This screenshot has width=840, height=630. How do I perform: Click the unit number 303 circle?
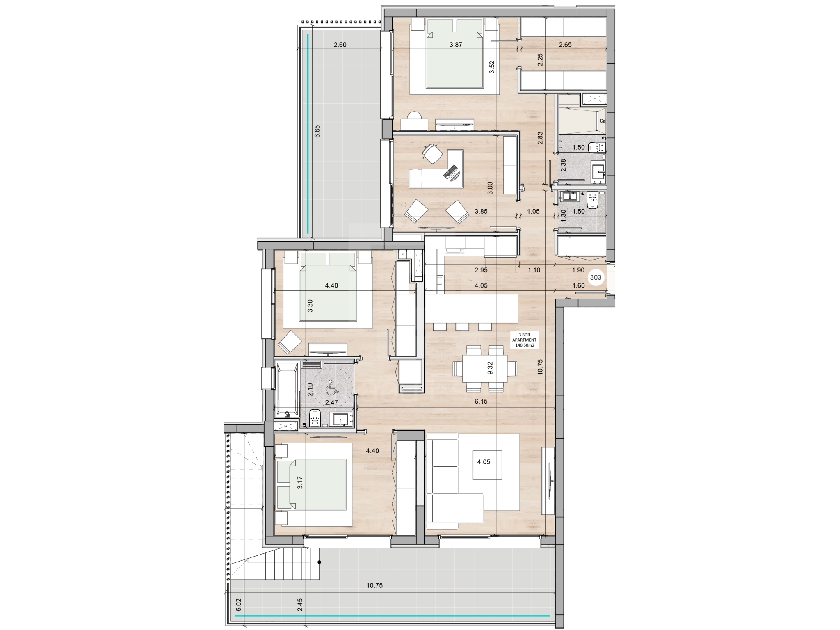(x=595, y=278)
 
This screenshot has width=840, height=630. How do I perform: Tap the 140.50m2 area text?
(x=524, y=345)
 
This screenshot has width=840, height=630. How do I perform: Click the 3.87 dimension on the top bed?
(x=456, y=45)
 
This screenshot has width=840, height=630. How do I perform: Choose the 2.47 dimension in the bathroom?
(x=331, y=402)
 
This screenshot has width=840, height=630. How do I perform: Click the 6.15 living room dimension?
(x=481, y=402)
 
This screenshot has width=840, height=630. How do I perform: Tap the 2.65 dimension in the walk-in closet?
(x=565, y=45)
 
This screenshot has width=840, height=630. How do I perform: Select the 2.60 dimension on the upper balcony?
(x=340, y=45)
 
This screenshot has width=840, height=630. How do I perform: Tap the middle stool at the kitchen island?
(x=462, y=326)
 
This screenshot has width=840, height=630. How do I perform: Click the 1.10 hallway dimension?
(x=534, y=270)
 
